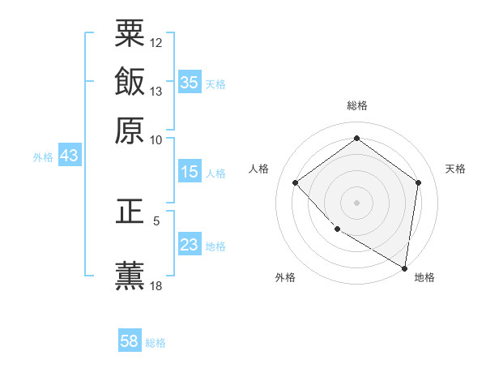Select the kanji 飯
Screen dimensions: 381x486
130,82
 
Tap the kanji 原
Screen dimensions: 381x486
130,130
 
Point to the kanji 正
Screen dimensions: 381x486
130,212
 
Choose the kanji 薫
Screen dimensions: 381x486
130,275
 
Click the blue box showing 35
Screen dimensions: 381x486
190,82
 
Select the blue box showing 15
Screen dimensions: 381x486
190,172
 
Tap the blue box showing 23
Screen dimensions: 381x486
190,245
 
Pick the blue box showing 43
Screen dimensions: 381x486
69,156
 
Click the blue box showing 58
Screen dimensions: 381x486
130,341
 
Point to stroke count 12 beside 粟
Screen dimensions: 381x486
156,42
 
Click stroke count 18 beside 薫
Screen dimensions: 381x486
156,285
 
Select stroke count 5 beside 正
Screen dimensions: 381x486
156,220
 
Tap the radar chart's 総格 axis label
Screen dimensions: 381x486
356,105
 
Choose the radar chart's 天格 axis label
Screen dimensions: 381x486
455,169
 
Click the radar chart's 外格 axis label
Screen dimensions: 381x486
285,277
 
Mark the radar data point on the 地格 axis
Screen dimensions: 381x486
403,267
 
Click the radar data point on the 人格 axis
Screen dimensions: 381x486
296,183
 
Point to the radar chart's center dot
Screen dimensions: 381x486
356,202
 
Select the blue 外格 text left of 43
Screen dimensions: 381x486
42,157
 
